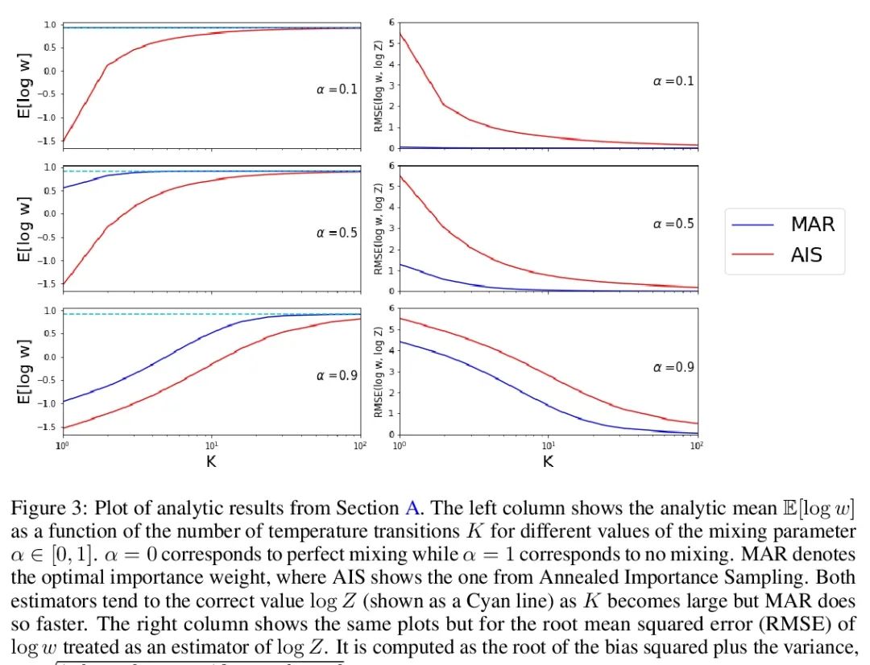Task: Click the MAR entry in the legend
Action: [x=812, y=224]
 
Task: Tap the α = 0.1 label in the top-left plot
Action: [x=336, y=89]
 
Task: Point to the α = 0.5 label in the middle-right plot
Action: [x=673, y=224]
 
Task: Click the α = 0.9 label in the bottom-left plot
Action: [x=336, y=375]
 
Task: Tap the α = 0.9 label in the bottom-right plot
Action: [x=673, y=367]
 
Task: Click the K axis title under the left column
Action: [x=211, y=462]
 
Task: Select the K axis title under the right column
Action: [x=548, y=462]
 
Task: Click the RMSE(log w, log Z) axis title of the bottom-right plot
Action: [x=377, y=372]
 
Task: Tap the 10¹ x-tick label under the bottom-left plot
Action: [x=211, y=445]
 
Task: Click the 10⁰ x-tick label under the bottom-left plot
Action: [x=62, y=445]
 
